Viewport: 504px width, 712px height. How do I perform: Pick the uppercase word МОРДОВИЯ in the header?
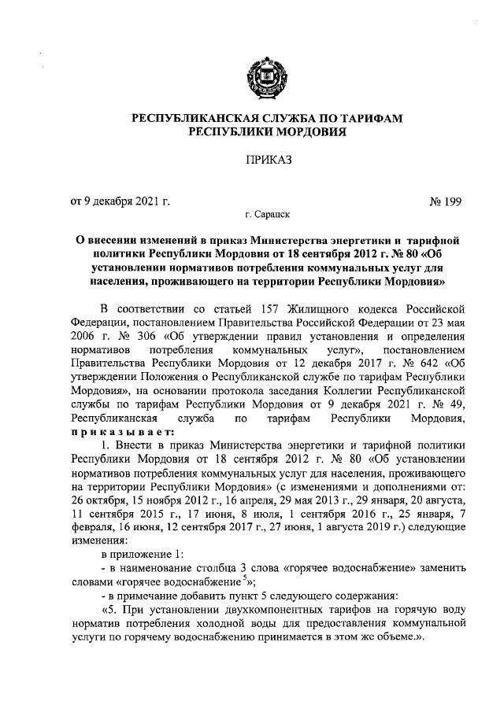click(x=303, y=131)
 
